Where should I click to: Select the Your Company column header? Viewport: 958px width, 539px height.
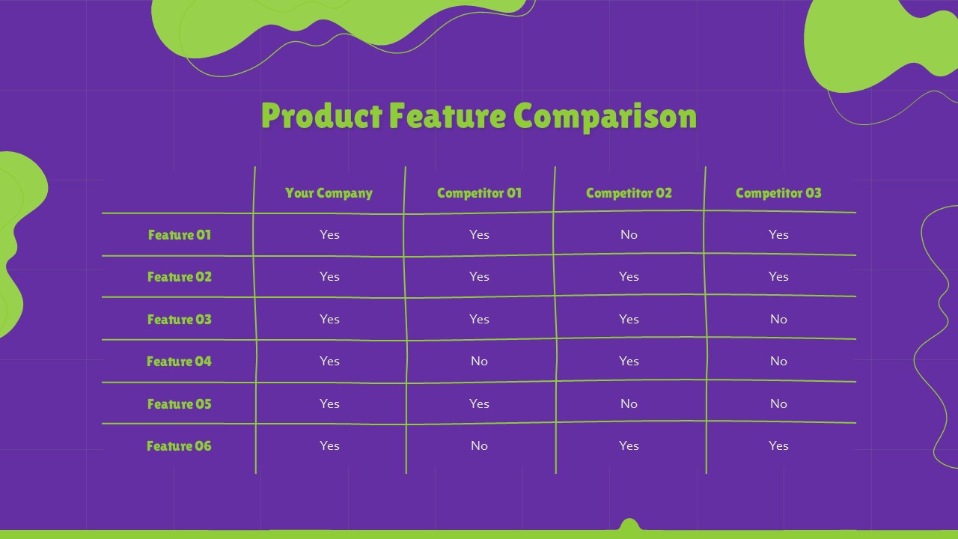pos(329,192)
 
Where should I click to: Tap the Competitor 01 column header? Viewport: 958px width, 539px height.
pos(479,192)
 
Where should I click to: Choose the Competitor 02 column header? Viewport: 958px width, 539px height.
pos(629,192)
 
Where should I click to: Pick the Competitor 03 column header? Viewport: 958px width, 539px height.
pos(778,192)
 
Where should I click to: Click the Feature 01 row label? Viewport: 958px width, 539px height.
pos(180,234)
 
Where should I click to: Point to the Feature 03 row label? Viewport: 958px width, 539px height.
pos(180,319)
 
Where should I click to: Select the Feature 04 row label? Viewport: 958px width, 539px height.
pos(180,361)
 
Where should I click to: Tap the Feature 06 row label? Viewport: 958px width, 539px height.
pos(180,445)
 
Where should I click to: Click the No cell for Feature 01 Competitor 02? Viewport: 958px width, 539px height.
pos(629,234)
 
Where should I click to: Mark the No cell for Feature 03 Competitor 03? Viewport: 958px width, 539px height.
pos(778,319)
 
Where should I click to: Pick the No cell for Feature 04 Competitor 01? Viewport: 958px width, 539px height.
pos(479,361)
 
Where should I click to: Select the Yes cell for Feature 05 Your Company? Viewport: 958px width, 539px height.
pos(329,404)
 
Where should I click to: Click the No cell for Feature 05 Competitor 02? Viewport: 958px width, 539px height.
pos(629,404)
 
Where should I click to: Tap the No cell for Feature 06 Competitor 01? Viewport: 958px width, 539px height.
pos(479,445)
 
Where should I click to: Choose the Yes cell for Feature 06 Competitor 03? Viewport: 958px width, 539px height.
pos(778,445)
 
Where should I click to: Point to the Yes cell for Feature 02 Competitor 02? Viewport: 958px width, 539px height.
pos(629,276)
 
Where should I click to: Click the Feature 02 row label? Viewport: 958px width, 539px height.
pos(180,276)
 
